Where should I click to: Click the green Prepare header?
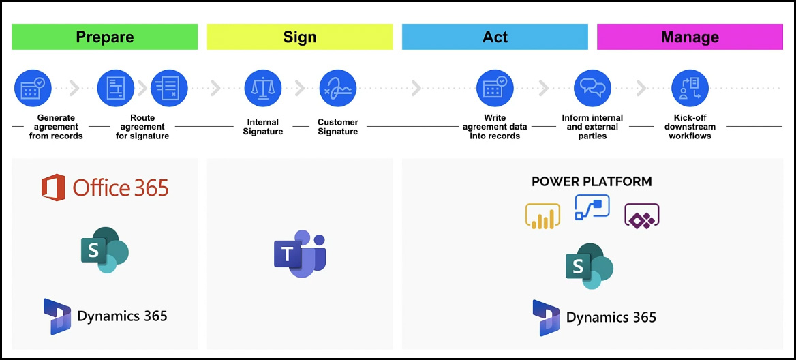point(104,37)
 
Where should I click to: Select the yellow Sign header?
point(299,37)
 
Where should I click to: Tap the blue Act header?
point(495,37)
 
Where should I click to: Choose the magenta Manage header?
point(690,37)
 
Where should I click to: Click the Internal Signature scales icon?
point(263,88)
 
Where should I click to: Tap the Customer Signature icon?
point(337,88)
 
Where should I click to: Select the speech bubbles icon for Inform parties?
point(592,88)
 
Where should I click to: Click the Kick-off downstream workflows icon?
point(690,88)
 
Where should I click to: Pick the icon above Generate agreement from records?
point(33,88)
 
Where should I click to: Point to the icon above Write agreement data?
point(495,88)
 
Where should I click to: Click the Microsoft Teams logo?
point(299,254)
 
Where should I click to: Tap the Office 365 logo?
point(105,187)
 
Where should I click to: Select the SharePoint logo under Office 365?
point(105,250)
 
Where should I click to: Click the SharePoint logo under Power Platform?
point(590,265)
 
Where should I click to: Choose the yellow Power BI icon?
point(542,216)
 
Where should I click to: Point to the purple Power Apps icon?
point(642,216)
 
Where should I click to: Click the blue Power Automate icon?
point(592,207)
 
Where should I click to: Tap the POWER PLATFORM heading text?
point(592,181)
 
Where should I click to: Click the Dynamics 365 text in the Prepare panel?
point(123,316)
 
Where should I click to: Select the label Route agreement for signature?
point(142,126)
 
